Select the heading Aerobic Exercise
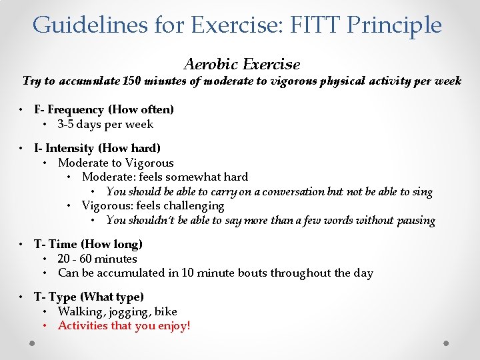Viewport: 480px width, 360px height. [x=241, y=65]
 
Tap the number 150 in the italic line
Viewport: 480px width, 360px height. [x=132, y=81]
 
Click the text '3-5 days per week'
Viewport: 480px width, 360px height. [x=105, y=124]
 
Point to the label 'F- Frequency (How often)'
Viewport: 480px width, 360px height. [x=104, y=109]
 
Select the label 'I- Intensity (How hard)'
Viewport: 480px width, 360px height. [x=97, y=148]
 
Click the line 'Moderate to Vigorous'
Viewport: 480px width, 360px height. [x=115, y=163]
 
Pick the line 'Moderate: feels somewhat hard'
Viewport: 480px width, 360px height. [x=165, y=177]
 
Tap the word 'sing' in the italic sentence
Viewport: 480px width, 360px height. [x=423, y=192]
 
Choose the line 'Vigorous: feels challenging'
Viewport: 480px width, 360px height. [x=153, y=206]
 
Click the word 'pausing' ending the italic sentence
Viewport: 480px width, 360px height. [x=415, y=221]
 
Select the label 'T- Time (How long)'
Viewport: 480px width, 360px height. [x=88, y=244]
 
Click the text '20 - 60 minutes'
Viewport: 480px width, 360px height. [x=97, y=259]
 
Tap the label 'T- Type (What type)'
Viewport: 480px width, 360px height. [x=89, y=297]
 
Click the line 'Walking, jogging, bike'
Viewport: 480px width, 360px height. [x=117, y=311]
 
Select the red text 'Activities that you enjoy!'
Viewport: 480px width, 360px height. [x=124, y=326]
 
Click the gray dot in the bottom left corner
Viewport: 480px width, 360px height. [x=33, y=344]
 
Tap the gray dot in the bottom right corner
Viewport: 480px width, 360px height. [x=447, y=344]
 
